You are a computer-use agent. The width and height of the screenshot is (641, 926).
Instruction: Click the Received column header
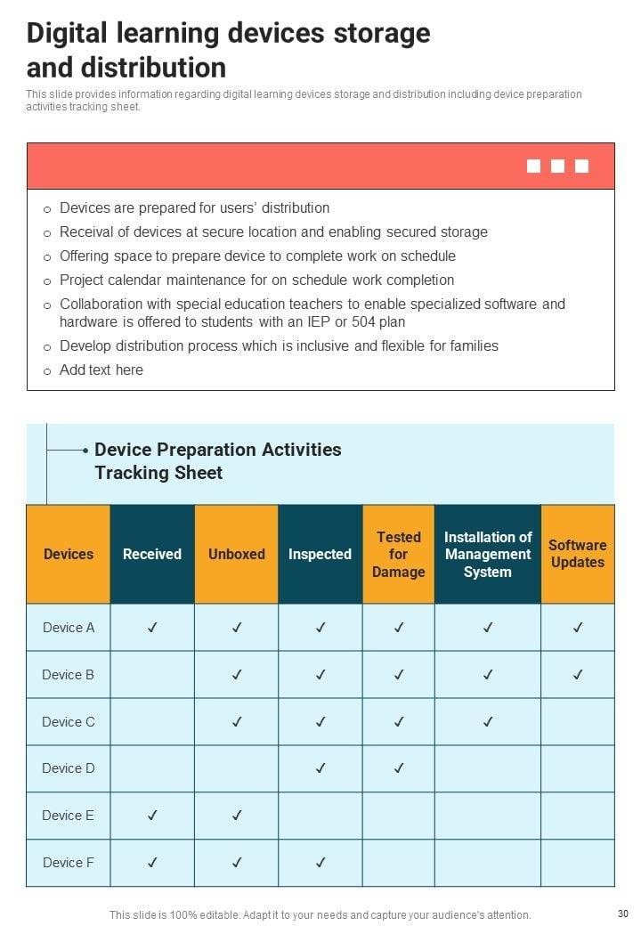click(x=152, y=554)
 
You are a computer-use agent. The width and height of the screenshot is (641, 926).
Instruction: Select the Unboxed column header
click(x=237, y=554)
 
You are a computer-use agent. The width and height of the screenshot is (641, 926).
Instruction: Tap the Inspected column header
click(x=320, y=554)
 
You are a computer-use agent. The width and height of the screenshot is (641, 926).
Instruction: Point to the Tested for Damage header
click(x=398, y=554)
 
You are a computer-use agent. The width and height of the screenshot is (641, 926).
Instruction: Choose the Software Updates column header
click(x=577, y=554)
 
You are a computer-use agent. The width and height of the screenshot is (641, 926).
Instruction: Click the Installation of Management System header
click(x=488, y=554)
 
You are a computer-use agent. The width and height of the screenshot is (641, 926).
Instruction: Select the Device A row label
click(x=69, y=628)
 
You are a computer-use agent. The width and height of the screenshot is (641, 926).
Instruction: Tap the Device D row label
click(x=69, y=768)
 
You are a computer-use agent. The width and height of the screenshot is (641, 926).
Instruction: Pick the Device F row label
click(x=69, y=862)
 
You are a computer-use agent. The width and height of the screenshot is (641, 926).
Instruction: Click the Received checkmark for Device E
click(x=152, y=815)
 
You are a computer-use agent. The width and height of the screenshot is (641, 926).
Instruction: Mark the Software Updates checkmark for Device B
click(x=578, y=675)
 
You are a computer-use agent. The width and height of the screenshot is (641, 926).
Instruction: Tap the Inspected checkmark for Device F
click(x=320, y=862)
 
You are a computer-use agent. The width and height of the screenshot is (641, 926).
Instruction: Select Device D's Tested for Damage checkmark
click(x=399, y=768)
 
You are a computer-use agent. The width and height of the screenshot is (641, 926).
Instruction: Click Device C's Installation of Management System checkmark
click(x=488, y=722)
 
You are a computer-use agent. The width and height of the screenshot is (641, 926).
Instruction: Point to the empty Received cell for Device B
click(x=152, y=675)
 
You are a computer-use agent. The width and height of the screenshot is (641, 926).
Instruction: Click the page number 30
click(x=622, y=914)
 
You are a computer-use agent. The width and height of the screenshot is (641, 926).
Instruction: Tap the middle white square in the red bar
click(x=558, y=166)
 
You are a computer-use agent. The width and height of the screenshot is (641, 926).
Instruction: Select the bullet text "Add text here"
click(x=101, y=370)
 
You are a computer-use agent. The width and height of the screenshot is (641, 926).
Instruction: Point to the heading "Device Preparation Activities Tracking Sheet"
click(x=217, y=461)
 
